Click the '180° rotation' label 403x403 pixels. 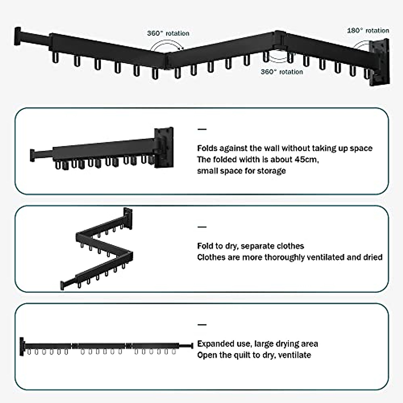click(368, 31)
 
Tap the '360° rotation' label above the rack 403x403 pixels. click(168, 33)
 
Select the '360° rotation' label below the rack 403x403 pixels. click(281, 72)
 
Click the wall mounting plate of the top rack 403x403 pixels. click(379, 62)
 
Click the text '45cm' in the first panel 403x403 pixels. click(306, 159)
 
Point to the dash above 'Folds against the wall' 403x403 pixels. click(202, 129)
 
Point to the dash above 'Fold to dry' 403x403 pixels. click(202, 227)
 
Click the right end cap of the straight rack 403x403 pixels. click(191, 345)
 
